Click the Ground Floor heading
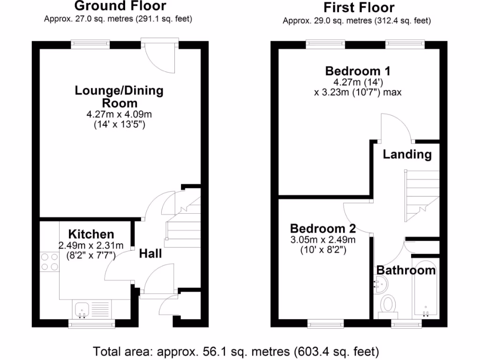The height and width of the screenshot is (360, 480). click(x=120, y=6)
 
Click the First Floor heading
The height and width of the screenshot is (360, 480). click(x=359, y=7)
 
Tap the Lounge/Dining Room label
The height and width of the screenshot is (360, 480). click(x=119, y=96)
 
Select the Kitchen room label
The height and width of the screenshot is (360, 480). click(x=91, y=234)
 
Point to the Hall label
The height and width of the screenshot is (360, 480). click(x=150, y=254)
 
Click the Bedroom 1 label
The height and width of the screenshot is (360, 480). click(x=358, y=71)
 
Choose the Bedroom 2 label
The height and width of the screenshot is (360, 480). click(x=322, y=229)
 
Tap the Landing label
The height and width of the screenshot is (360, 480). click(x=407, y=154)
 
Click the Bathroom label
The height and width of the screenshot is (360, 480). click(x=406, y=270)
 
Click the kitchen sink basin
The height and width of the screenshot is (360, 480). click(x=82, y=309)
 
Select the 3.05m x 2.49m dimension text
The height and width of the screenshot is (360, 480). click(x=322, y=240)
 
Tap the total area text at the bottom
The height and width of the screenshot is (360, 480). click(x=236, y=351)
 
